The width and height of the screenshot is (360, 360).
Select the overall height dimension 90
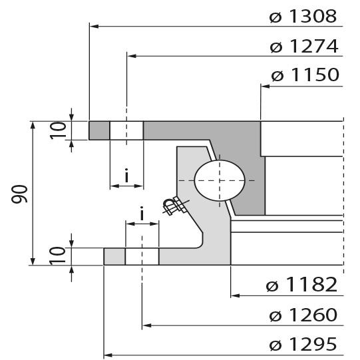tap(20, 194)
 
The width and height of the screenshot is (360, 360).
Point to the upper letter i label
tap(126, 176)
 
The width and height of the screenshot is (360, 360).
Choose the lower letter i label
tap(142, 214)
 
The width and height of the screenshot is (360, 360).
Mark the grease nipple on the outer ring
tap(174, 206)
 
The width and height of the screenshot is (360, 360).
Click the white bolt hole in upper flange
tap(126, 130)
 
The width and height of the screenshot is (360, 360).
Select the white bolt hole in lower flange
tap(142, 256)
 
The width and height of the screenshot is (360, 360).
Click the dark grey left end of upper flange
tap(99, 130)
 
